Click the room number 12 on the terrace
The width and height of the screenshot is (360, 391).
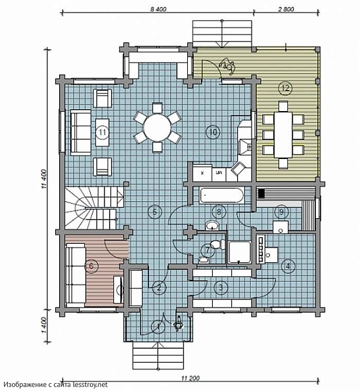[286, 88]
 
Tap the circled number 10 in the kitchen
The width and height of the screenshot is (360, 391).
[213, 131]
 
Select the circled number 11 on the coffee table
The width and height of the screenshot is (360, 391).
[102, 132]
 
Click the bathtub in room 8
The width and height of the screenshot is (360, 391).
[221, 195]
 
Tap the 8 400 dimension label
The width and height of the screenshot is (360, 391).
[158, 9]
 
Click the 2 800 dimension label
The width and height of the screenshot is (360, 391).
[286, 9]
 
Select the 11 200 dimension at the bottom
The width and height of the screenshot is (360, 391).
[191, 378]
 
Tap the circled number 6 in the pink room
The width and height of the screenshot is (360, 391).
[91, 266]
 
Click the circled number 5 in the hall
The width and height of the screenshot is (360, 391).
[155, 212]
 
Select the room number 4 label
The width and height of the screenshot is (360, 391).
[288, 266]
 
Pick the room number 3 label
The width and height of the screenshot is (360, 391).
[221, 287]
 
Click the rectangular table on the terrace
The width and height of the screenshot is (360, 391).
[283, 135]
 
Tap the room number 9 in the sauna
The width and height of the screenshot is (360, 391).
[281, 212]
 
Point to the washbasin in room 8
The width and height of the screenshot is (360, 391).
[212, 226]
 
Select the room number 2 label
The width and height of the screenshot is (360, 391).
[159, 288]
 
